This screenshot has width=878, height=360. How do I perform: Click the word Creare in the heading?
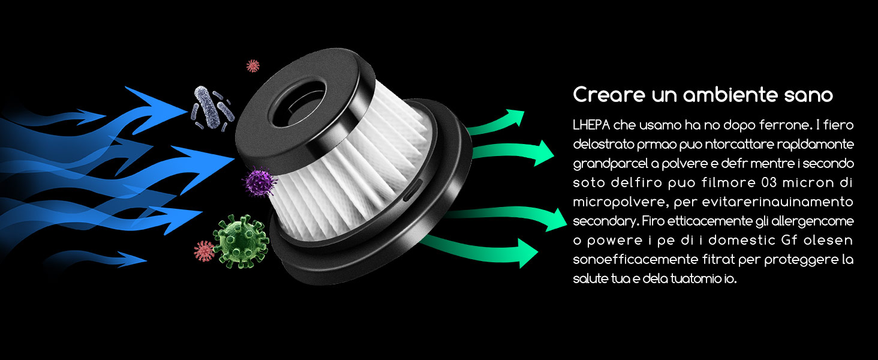[x=608, y=95]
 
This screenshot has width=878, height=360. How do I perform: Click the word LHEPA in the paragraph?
[x=591, y=125]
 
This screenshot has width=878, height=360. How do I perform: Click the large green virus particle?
[x=240, y=241]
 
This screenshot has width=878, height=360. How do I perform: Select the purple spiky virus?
[x=259, y=182]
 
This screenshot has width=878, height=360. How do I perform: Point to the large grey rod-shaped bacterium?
[x=206, y=108]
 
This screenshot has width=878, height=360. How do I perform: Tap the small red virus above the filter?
[x=253, y=65]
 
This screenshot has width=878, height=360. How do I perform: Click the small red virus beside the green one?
[x=204, y=251]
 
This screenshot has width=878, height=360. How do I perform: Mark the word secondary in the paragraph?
[x=606, y=221]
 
